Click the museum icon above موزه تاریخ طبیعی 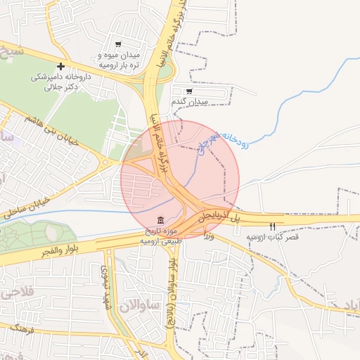pos(162,220)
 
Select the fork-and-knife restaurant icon pos(273,226)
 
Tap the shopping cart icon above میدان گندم pos(189,91)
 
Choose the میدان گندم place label pos(190,103)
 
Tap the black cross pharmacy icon pos(61,66)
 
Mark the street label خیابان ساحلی pos(27,205)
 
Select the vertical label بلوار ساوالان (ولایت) pos(171,295)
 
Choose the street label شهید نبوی pos(105,281)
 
